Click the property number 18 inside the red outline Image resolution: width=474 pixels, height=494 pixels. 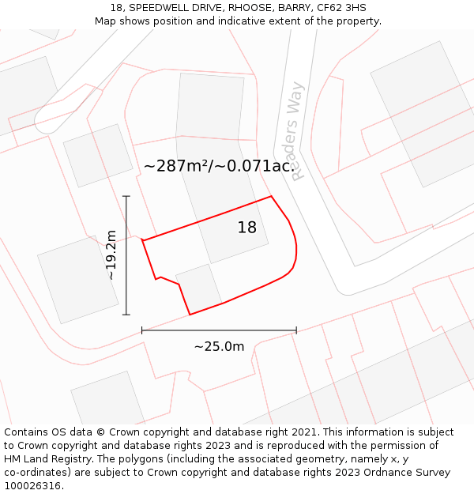247,228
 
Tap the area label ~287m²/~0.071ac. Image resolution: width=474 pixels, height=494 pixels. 219,166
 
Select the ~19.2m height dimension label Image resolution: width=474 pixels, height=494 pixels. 111,255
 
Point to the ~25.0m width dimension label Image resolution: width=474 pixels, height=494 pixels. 219,346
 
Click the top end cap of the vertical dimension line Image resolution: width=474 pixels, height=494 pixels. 126,196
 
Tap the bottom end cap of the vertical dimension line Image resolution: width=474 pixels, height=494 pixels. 126,315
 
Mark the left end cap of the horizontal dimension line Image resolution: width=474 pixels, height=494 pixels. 142,330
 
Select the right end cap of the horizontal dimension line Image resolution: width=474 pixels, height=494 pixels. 296,330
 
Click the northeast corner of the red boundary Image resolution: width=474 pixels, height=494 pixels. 271,196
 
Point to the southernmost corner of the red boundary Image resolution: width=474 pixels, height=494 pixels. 190,315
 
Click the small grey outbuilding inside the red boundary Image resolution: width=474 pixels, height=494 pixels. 199,286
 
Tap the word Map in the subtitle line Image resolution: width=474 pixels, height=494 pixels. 106,21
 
